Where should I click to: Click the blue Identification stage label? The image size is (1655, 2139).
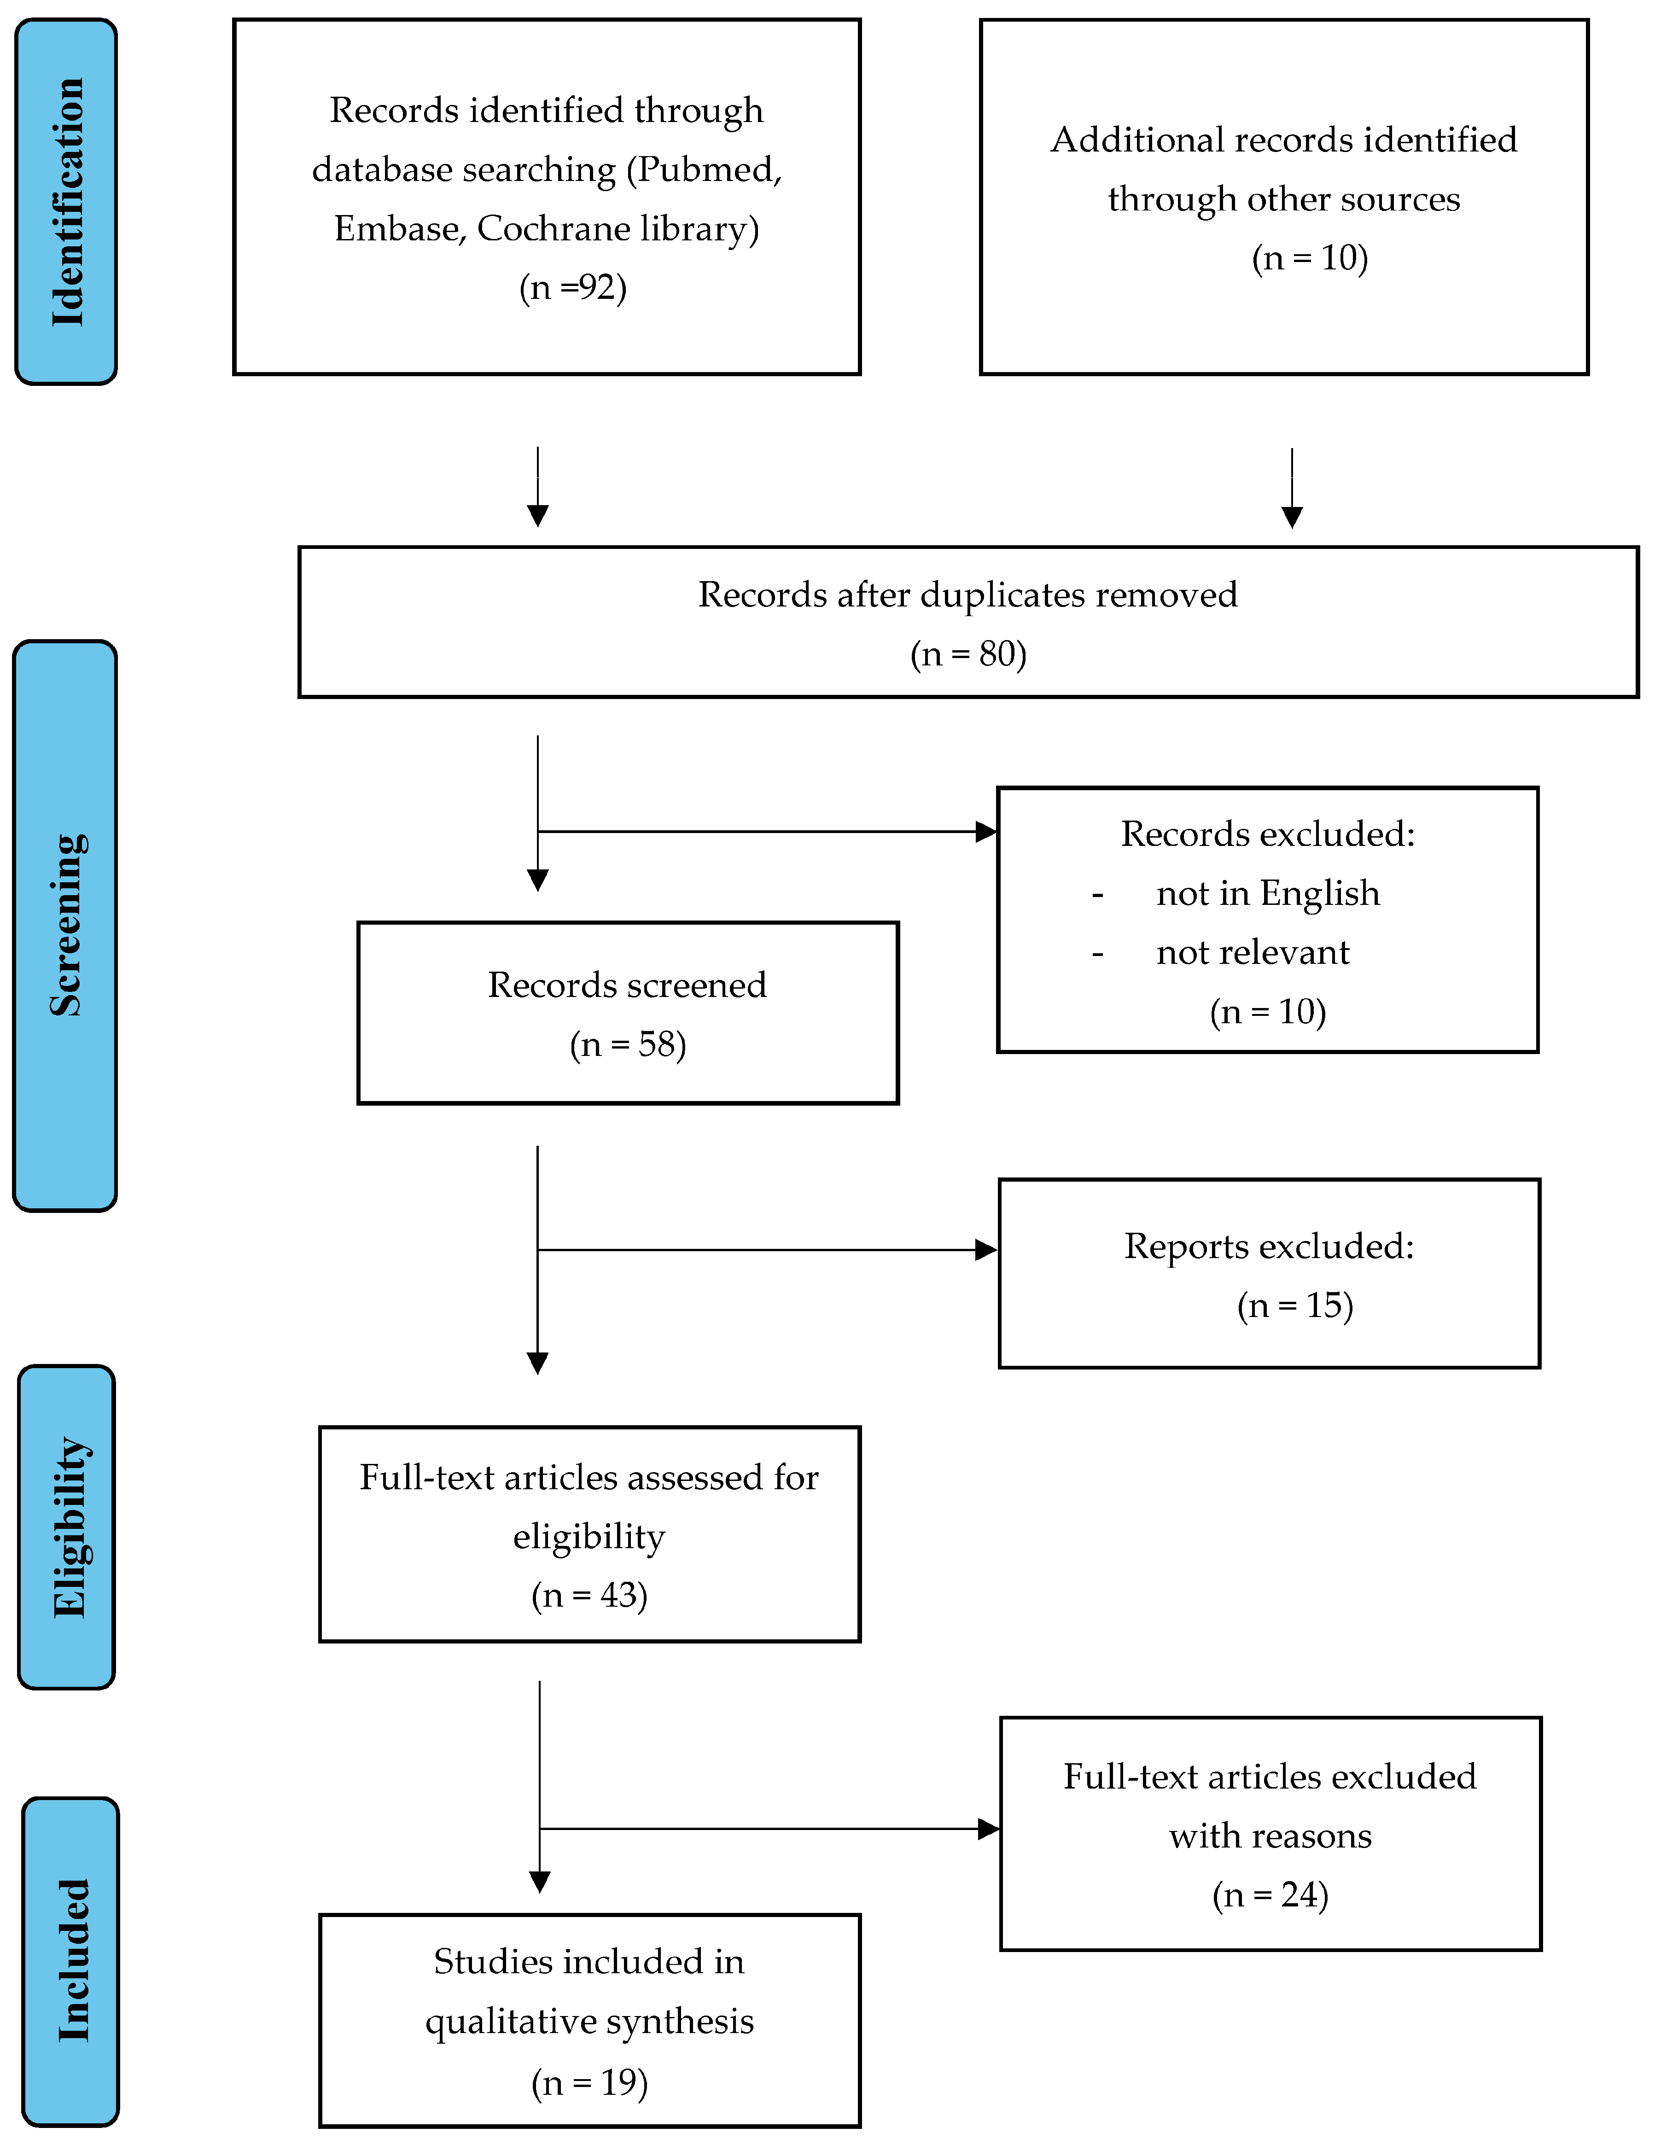tap(67, 201)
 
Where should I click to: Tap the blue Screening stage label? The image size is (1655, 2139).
tap(65, 926)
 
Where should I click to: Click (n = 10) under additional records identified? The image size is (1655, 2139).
tap(1309, 257)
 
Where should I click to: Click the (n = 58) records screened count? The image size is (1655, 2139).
tap(628, 1044)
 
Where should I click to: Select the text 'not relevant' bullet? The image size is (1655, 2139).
tap(1253, 952)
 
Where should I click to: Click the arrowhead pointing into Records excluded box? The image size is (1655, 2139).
tap(986, 832)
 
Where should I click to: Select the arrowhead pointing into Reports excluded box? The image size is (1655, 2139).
tap(986, 1250)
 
